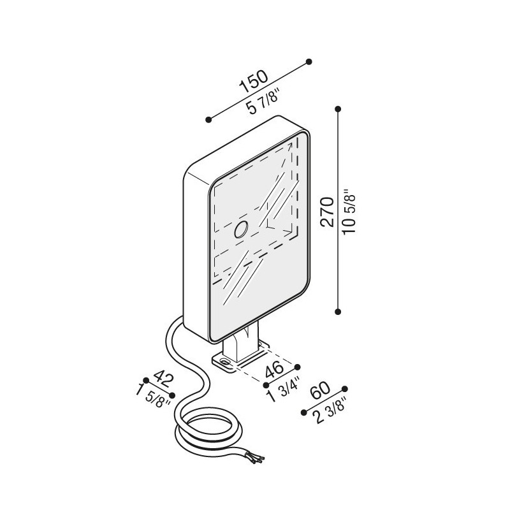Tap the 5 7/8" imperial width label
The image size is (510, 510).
click(x=263, y=102)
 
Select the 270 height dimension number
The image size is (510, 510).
click(x=327, y=212)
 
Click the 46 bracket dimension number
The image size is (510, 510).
click(x=275, y=370)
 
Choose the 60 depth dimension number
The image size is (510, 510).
click(x=321, y=391)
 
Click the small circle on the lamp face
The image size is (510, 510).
click(x=242, y=229)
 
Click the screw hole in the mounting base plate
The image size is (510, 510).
click(x=224, y=361)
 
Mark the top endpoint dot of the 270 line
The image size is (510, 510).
click(x=338, y=108)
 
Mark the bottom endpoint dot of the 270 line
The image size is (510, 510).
click(x=338, y=312)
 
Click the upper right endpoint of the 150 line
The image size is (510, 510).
click(x=309, y=61)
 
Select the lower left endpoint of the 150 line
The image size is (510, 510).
click(x=209, y=119)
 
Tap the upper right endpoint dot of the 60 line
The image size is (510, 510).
click(x=345, y=389)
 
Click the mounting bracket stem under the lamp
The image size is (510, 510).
click(x=242, y=346)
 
